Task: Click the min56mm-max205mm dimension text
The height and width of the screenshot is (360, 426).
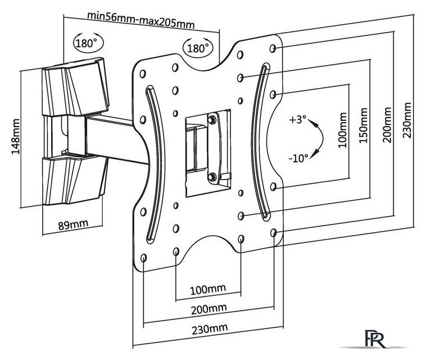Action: (x=141, y=20)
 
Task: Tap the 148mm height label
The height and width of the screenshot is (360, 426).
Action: (x=16, y=137)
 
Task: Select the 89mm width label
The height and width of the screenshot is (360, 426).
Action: (x=73, y=224)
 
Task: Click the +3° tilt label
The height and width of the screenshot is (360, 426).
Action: (x=297, y=119)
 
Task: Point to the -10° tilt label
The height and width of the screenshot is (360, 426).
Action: (x=298, y=158)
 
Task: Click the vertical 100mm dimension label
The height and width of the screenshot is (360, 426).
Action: (x=343, y=130)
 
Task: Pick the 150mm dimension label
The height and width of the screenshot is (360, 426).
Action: (x=363, y=125)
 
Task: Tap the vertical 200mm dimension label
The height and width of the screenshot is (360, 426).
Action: (x=387, y=125)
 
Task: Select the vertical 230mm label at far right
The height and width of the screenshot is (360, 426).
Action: (x=406, y=120)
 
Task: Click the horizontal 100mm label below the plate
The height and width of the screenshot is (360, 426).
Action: (x=208, y=290)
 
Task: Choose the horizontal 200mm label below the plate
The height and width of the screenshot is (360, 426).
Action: (x=209, y=309)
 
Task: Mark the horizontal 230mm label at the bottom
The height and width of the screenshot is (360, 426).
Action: (x=210, y=329)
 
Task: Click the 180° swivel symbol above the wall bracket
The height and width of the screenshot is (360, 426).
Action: (x=88, y=43)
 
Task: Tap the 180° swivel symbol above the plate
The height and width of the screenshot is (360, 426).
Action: (x=198, y=48)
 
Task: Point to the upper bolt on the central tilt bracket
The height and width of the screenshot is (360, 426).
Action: (x=212, y=120)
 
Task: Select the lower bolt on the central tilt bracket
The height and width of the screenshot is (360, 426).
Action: (x=212, y=177)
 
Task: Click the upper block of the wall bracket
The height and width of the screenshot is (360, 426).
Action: (x=75, y=87)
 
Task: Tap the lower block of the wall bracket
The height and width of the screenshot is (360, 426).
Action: (x=75, y=179)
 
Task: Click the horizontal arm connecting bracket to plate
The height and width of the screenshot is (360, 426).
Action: (x=117, y=139)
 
